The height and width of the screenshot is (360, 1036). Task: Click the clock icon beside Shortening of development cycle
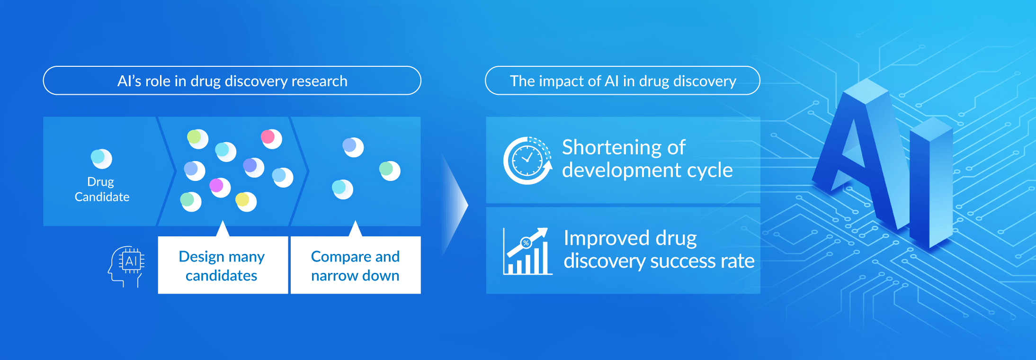(x=527, y=161)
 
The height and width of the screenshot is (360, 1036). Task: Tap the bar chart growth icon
(x=527, y=252)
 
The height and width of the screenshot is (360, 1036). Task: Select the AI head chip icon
(x=126, y=265)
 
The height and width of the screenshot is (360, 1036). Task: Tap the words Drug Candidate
(x=102, y=189)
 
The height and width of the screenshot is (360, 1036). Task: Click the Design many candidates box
(x=223, y=265)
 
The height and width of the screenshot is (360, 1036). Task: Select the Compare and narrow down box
(x=355, y=265)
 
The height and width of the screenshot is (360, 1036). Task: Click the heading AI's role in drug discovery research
(x=232, y=81)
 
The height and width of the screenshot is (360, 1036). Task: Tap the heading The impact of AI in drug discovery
(x=623, y=81)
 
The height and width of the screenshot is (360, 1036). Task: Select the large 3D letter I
(x=930, y=185)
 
